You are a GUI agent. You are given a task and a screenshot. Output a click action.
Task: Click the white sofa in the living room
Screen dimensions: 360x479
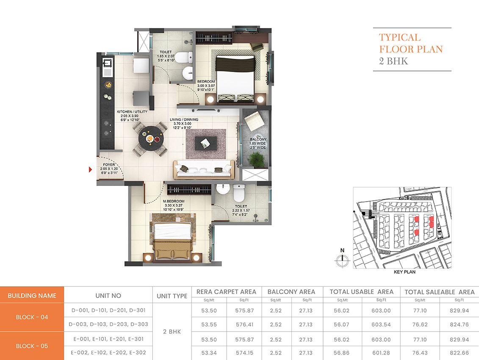tap(204, 170)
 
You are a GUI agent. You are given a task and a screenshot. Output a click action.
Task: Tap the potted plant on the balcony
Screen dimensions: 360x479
tap(255, 160)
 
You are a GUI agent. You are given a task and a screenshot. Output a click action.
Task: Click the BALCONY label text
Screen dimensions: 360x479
tap(257, 139)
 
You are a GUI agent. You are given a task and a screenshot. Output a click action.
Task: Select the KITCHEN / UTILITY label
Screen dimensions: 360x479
tap(132, 112)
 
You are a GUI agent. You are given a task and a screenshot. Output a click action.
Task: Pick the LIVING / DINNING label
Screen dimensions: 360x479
tap(184, 119)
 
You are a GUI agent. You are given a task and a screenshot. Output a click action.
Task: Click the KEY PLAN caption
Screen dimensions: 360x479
tap(404, 272)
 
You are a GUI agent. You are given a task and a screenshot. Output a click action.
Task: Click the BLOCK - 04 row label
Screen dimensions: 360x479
tap(32, 317)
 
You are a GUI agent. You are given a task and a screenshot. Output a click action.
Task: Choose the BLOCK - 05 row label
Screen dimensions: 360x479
tap(32, 346)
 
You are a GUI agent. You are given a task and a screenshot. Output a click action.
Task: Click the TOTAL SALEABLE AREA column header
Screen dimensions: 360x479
tap(440, 292)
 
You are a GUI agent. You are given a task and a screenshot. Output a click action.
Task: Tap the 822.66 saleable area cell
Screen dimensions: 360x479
tap(460, 353)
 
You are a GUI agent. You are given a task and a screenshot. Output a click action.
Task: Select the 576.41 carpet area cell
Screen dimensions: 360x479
tap(244, 325)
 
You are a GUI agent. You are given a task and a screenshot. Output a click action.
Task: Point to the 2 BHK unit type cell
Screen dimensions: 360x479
tap(172, 332)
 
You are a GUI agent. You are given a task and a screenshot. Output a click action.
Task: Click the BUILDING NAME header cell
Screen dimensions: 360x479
tap(32, 296)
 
